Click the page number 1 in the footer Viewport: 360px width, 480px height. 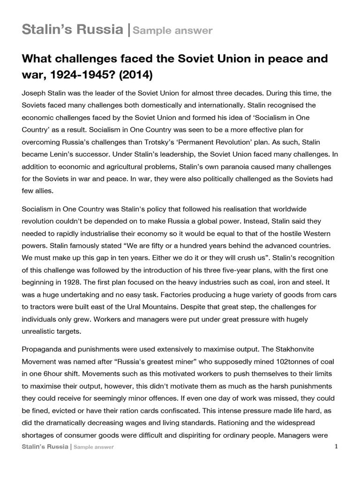point(336,447)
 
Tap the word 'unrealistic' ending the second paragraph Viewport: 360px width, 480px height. point(42,331)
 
